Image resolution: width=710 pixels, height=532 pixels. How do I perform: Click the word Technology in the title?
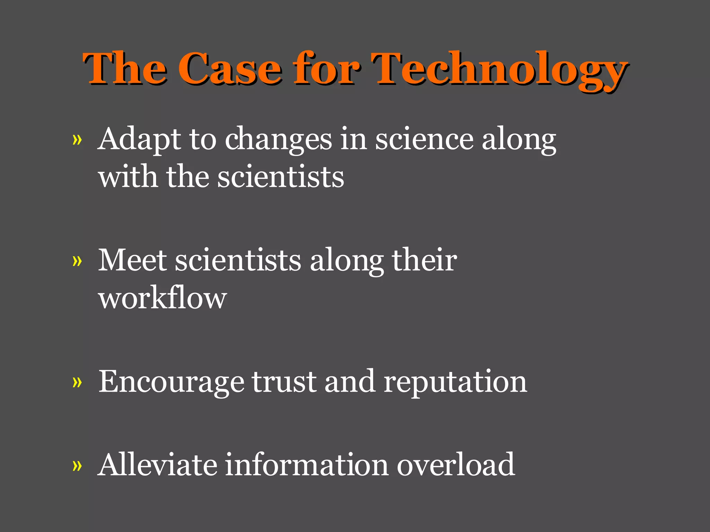[x=499, y=69]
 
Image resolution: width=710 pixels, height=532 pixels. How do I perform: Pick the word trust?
[x=284, y=381]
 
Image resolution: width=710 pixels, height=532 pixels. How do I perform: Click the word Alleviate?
[x=157, y=464]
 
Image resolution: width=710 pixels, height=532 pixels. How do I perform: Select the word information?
[x=307, y=464]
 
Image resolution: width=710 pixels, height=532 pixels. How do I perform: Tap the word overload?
[x=456, y=464]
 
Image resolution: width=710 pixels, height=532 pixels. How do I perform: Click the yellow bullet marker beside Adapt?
[x=77, y=140]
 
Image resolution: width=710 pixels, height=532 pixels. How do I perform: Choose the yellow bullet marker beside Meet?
[x=77, y=261]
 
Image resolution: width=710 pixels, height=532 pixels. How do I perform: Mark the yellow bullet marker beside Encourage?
[x=77, y=382]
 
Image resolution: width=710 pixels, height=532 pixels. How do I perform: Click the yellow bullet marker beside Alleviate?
[x=77, y=465]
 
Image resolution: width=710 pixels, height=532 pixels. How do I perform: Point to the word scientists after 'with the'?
[x=280, y=177]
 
